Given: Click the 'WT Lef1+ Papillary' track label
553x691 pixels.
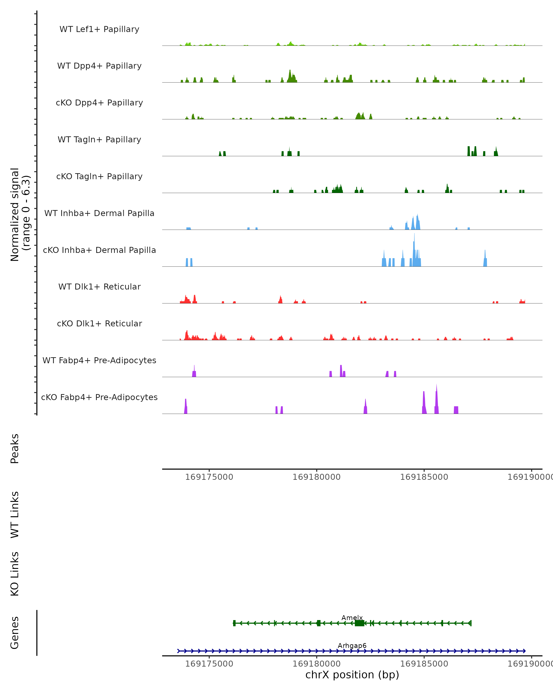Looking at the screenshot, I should point(99,29).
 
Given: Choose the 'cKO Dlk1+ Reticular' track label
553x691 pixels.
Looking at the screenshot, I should point(99,323).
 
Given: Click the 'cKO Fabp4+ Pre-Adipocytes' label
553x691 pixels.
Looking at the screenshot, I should point(99,397).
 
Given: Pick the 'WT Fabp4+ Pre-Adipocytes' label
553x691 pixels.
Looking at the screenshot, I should point(99,360).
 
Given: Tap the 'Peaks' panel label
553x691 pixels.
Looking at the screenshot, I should point(15,448).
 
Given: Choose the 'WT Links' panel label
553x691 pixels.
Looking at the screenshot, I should point(15,514).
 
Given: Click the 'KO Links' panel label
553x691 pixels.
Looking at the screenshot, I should point(15,574).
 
